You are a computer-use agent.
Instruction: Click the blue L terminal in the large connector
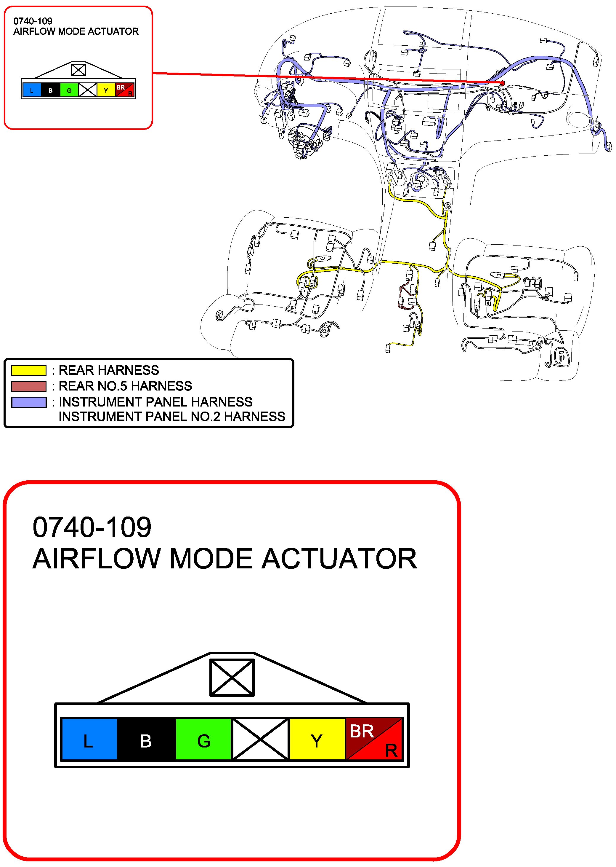[89, 739]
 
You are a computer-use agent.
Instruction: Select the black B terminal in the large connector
[146, 739]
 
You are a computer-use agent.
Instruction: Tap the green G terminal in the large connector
[203, 739]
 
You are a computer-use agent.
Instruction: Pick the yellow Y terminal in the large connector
[317, 739]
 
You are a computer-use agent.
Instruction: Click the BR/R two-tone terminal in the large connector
[374, 739]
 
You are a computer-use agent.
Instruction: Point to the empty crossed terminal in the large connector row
[260, 739]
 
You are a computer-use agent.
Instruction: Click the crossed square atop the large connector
[232, 678]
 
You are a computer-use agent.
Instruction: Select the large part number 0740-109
[92, 527]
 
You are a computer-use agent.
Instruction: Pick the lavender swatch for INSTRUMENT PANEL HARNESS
[29, 402]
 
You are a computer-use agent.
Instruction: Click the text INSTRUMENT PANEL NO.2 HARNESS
[172, 417]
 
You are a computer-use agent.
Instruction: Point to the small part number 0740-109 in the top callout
[33, 21]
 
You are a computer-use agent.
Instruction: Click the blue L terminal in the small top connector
[32, 90]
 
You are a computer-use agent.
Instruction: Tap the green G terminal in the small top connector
[69, 90]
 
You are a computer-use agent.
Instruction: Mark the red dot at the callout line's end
[503, 83]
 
